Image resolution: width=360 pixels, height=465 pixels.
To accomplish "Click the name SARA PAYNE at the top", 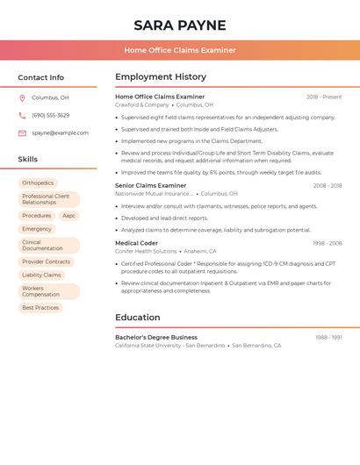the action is click(180, 25).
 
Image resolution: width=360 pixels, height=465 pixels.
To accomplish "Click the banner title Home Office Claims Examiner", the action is click(180, 50).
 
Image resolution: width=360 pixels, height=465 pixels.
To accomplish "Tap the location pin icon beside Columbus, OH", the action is click(22, 98).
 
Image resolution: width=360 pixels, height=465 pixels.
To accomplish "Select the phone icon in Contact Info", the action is click(22, 116).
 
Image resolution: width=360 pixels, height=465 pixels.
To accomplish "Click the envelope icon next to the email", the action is click(22, 133).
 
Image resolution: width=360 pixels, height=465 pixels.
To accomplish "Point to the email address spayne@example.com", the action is click(60, 133).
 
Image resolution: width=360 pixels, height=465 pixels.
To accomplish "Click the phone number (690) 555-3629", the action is click(50, 116).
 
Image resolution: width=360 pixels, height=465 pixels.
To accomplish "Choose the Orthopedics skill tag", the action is click(38, 183).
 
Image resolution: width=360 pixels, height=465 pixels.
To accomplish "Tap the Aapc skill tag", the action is click(68, 216).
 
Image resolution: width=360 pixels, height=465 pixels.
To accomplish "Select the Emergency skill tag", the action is click(37, 229).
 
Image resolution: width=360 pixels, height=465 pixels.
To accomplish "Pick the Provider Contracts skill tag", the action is click(46, 261).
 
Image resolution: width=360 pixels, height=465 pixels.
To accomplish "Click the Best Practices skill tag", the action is click(40, 308).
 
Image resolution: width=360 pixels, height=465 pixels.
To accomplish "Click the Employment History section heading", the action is click(161, 77).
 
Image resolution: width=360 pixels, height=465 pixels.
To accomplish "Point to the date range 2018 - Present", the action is click(324, 97).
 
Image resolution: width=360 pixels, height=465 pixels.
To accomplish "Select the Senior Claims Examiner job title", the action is click(151, 186).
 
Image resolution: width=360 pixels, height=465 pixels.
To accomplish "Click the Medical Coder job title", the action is click(137, 243).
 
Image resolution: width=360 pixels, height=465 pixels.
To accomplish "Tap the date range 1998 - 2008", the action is click(328, 243).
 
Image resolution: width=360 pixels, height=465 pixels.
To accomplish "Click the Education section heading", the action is click(138, 318).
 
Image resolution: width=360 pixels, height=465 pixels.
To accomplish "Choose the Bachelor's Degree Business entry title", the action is click(156, 337).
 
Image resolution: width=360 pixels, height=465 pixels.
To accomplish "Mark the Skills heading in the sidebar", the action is click(28, 160).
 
